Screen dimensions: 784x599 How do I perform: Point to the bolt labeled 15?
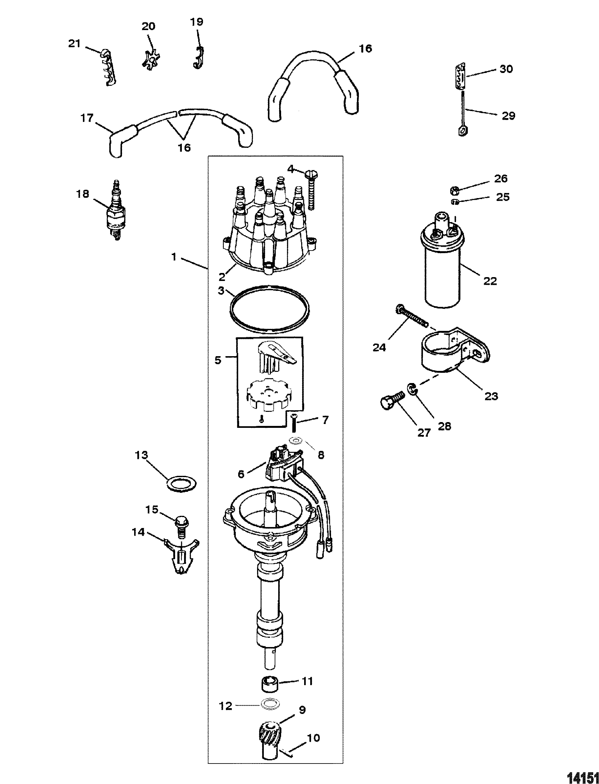point(181,529)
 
